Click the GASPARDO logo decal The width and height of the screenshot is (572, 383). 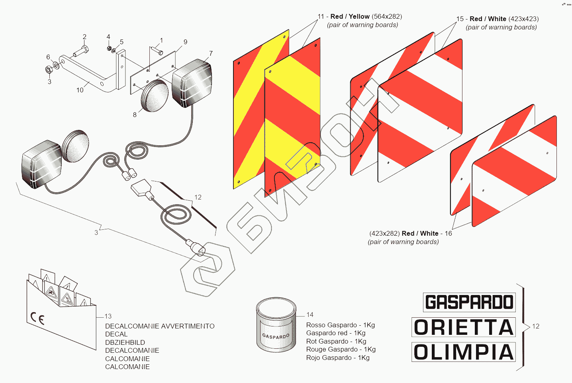[469, 302]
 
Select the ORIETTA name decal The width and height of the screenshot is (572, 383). [464, 327]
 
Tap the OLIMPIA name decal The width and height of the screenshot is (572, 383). [464, 352]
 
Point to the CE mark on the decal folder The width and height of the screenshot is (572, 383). [37, 318]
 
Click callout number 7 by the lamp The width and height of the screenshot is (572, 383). [211, 53]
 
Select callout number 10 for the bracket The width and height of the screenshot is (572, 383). [80, 90]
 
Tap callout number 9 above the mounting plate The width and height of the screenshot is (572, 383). [185, 42]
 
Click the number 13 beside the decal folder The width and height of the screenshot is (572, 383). [108, 317]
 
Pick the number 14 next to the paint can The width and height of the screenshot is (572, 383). [310, 315]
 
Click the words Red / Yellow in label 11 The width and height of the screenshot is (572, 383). [350, 17]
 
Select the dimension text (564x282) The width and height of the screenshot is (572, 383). [387, 17]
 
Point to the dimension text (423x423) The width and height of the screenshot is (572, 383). [523, 19]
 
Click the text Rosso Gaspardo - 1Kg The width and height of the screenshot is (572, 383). [341, 325]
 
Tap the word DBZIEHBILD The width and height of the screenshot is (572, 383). [125, 342]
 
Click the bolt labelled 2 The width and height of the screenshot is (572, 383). [82, 51]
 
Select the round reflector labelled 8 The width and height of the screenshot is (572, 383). [155, 96]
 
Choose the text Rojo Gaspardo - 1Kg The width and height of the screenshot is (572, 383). [338, 358]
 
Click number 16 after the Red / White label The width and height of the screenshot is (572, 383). [449, 234]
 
